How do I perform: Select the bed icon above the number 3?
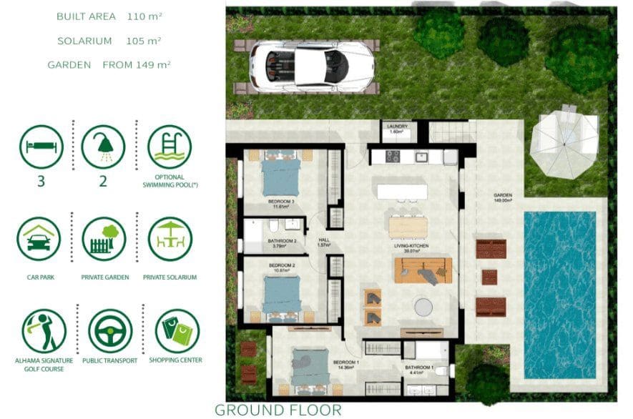click(41, 147)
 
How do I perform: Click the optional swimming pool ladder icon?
click(170, 147)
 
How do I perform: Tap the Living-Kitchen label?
click(411, 247)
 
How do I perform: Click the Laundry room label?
click(396, 128)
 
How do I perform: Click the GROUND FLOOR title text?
click(278, 410)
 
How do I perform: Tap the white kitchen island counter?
click(402, 191)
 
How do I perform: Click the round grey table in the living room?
click(424, 307)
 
